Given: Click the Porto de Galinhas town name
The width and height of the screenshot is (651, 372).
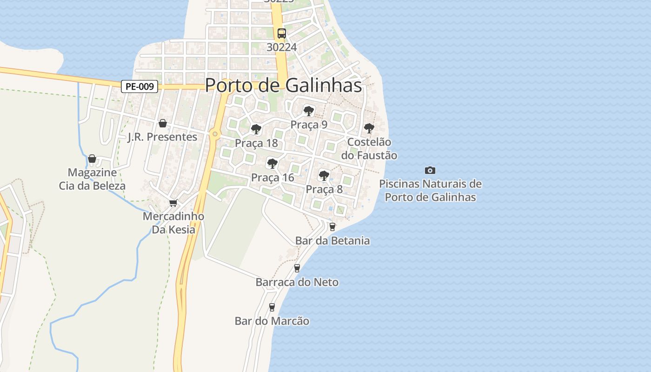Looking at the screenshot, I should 283,85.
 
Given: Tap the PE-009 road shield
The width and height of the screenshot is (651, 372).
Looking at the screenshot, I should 139,86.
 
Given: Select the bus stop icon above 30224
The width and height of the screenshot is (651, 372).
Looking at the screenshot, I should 282,33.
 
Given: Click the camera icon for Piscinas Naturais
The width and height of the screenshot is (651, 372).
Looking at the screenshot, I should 430,171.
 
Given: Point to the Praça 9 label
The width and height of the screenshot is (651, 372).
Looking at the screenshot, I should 309,125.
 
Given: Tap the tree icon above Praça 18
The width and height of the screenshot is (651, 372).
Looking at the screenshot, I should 256,129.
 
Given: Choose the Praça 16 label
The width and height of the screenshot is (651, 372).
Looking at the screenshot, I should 272,178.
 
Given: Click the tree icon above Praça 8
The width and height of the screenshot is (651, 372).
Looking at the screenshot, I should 324,176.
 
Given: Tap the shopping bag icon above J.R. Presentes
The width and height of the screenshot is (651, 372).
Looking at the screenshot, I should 163,123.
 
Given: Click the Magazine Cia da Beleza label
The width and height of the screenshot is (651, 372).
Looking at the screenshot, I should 92,179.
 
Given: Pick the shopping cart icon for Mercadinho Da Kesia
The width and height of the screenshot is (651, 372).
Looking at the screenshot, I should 173,203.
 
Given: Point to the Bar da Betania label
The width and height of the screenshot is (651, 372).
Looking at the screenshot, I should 332,240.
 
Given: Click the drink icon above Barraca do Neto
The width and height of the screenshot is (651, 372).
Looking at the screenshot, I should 297,268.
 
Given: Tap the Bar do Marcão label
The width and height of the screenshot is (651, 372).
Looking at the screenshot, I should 272,321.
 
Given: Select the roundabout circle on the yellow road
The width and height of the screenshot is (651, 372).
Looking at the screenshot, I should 215,134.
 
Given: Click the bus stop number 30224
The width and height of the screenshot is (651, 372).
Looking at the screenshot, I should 282,47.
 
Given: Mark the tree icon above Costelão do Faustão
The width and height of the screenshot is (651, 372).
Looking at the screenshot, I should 369,128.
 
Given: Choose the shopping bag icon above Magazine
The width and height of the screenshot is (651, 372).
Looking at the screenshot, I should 92,159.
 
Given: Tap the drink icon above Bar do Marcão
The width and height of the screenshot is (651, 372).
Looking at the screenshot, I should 272,307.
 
